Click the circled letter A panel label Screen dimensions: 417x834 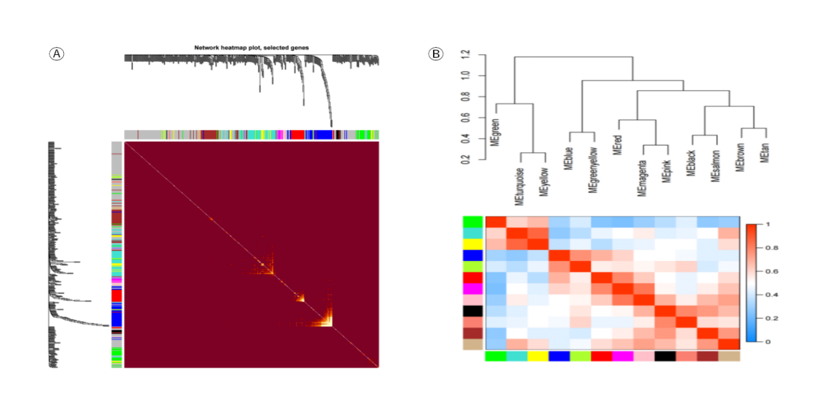tap(57, 54)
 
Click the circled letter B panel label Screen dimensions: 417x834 tap(435, 54)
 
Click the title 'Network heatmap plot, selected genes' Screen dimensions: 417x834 tap(251, 48)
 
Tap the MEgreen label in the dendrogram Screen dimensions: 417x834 tap(496, 131)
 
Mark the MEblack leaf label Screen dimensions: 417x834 tap(691, 159)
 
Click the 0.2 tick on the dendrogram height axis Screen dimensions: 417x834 tap(465, 159)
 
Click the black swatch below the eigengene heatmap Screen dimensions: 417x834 tap(665, 356)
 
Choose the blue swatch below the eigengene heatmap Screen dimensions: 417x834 tap(559, 356)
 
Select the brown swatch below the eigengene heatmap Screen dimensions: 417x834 tap(707, 356)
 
